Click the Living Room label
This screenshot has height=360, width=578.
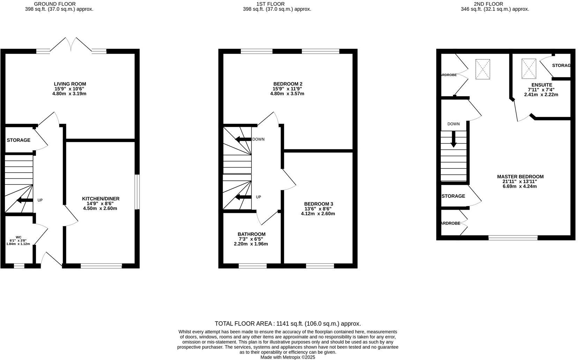[70, 84]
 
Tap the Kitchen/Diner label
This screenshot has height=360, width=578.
[101, 199]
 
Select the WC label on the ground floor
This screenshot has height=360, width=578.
[18, 237]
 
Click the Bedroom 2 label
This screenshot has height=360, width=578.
[288, 84]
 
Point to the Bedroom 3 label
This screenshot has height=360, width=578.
[318, 204]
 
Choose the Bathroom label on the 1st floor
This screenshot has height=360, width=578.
[251, 234]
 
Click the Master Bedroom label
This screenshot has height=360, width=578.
[520, 177]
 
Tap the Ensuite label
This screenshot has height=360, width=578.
[542, 85]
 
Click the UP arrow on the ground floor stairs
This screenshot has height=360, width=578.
[24, 200]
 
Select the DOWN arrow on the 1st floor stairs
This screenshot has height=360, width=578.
[243, 139]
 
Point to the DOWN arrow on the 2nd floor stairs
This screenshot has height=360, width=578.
[453, 138]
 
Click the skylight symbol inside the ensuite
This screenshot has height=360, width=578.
[528, 69]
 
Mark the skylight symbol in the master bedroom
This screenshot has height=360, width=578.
[482, 69]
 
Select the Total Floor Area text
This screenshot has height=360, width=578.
[288, 324]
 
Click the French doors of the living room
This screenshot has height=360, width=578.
[71, 45]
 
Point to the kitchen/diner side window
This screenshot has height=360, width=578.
[137, 192]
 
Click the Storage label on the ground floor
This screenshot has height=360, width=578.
[18, 140]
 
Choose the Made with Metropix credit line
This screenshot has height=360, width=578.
[288, 357]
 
